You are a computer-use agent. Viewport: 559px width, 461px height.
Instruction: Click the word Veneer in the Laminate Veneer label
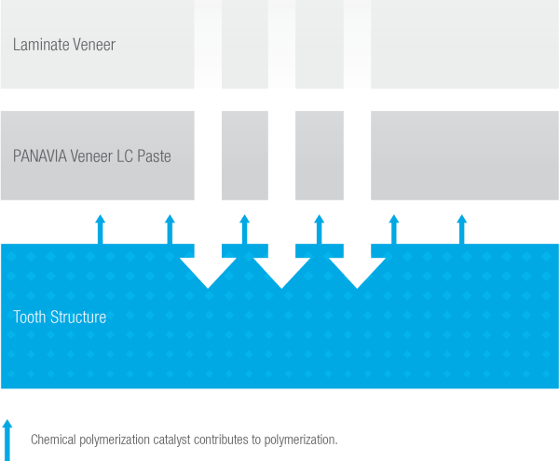click(x=93, y=45)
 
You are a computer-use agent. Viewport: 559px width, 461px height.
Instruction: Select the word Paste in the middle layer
click(x=153, y=156)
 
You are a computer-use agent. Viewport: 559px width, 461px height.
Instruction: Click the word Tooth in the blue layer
click(x=31, y=318)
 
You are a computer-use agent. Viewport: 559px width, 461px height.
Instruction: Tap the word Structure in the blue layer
click(x=79, y=318)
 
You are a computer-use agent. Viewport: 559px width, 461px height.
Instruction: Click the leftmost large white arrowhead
click(x=208, y=271)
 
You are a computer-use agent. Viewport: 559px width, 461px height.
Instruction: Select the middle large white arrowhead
click(x=282, y=271)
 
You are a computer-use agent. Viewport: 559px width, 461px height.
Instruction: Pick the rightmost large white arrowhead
click(x=357, y=271)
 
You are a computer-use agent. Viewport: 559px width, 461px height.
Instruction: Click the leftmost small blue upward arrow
click(x=101, y=229)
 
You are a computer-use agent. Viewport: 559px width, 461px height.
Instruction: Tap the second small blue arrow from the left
click(x=170, y=229)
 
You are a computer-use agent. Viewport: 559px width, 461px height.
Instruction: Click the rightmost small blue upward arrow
click(x=461, y=229)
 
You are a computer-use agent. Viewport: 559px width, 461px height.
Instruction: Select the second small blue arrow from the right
click(x=393, y=229)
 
